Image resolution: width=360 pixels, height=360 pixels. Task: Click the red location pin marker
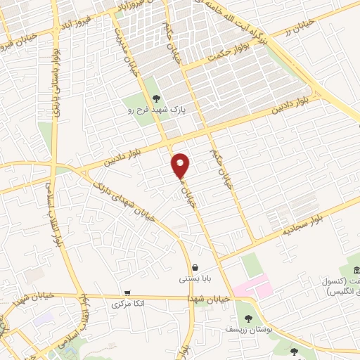181,165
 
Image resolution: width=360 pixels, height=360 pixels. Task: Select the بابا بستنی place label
194,279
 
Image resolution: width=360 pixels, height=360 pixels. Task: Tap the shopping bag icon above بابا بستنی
195,267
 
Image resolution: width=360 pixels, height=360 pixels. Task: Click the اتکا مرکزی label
128,305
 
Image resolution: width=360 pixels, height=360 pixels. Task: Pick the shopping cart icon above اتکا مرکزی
127,293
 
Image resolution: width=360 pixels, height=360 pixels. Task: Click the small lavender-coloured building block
44,319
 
